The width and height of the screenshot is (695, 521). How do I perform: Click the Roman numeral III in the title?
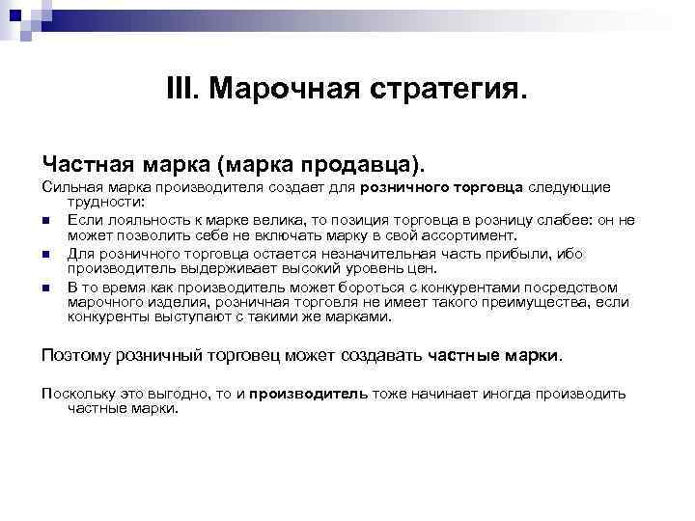click(181, 92)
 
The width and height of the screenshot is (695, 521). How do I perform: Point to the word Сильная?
click(67, 186)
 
